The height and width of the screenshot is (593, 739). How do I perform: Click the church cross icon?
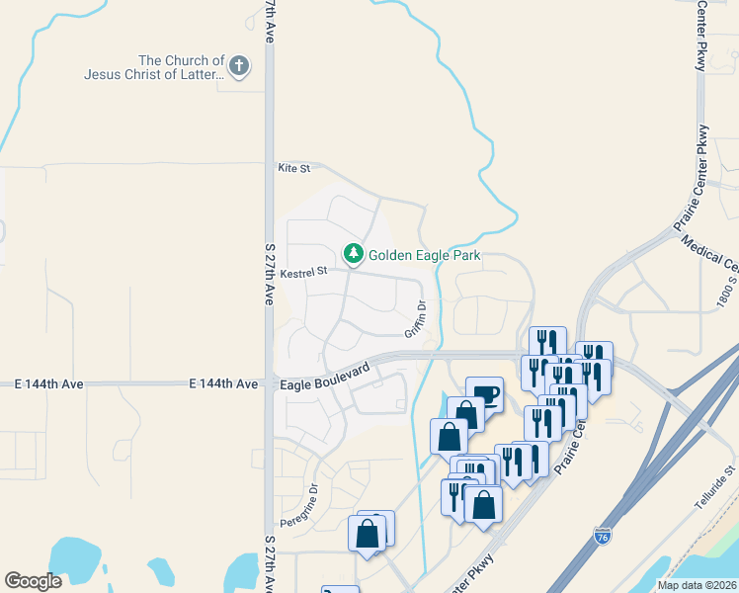[x=238, y=66]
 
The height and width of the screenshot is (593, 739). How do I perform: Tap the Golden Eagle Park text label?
[x=425, y=255]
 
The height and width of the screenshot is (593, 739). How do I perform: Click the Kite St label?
[x=294, y=169]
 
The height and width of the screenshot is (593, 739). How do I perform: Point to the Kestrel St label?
[x=302, y=272]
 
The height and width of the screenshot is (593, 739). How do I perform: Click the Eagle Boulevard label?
[x=324, y=376]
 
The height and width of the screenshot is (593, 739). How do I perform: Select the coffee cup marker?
[x=484, y=394]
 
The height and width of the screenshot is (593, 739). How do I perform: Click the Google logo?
[x=33, y=581]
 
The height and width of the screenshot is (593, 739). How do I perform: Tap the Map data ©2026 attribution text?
[x=697, y=585]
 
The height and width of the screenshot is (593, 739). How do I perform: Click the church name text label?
[x=153, y=67]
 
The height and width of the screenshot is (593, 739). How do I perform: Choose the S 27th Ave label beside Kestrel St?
[x=269, y=273]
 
